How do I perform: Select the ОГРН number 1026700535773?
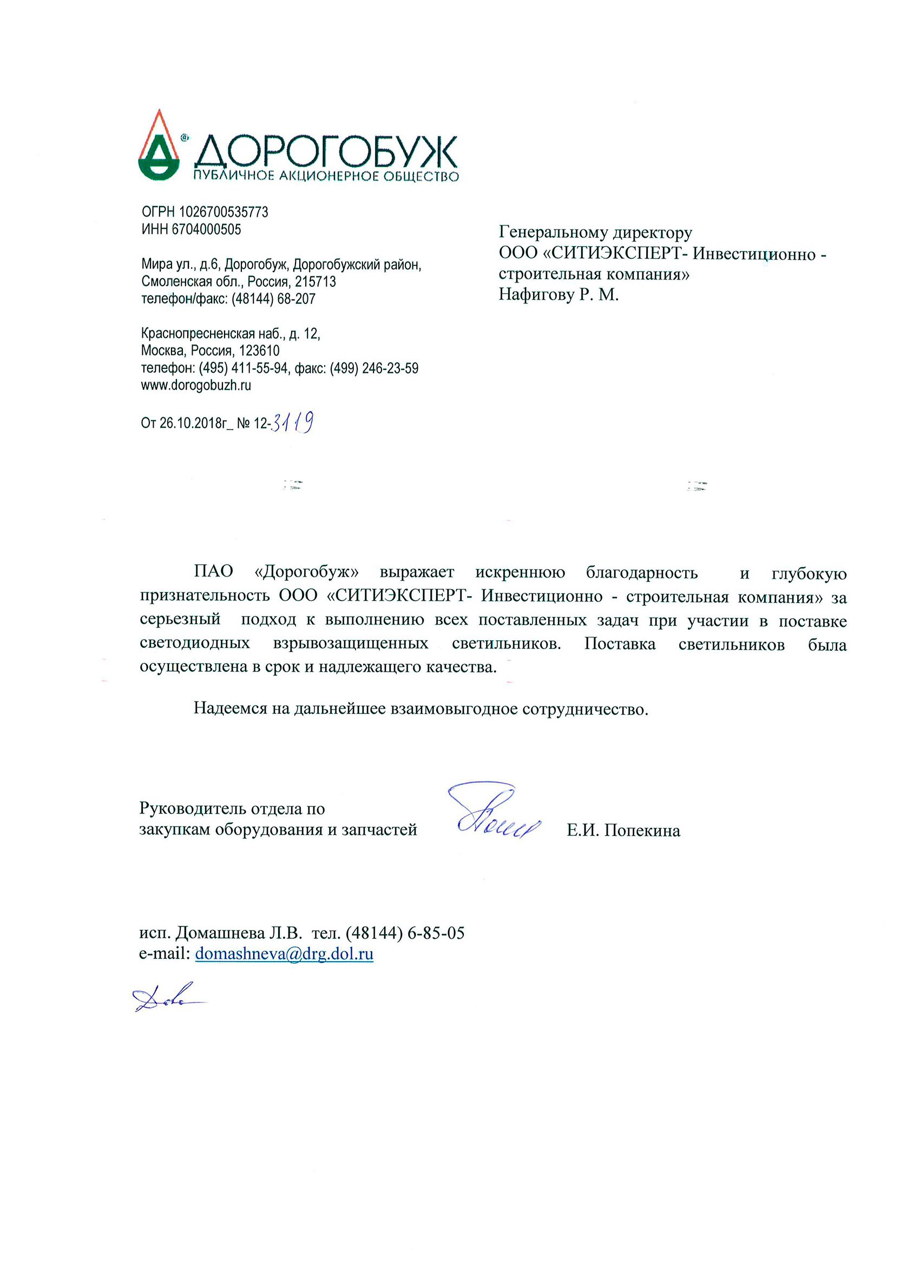click(x=223, y=212)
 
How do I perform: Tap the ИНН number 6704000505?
click(x=206, y=229)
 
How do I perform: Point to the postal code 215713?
click(x=316, y=281)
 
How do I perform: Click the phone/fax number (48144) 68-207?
click(x=273, y=299)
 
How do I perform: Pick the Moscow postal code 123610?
click(x=259, y=350)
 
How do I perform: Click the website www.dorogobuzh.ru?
click(x=196, y=385)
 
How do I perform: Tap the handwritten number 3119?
click(x=294, y=422)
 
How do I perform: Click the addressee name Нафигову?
click(x=536, y=294)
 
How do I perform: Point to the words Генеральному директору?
click(x=595, y=232)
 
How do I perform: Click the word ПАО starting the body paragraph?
click(x=213, y=572)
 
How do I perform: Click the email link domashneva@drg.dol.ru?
click(x=284, y=954)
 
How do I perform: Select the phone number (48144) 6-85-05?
click(x=405, y=933)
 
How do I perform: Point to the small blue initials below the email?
click(x=167, y=1001)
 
